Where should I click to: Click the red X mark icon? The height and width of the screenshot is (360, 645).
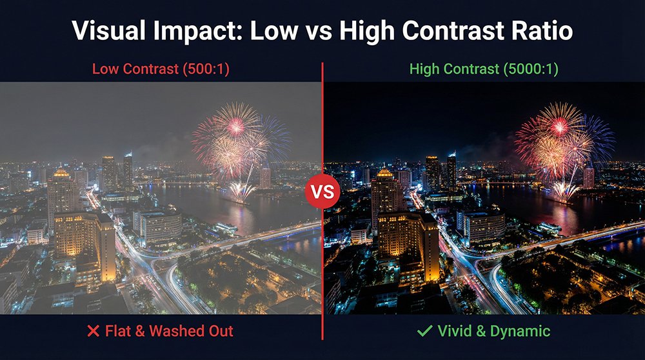click(94, 332)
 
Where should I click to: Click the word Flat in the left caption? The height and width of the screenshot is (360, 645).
click(117, 332)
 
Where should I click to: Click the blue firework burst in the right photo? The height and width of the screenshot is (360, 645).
click(597, 139)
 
